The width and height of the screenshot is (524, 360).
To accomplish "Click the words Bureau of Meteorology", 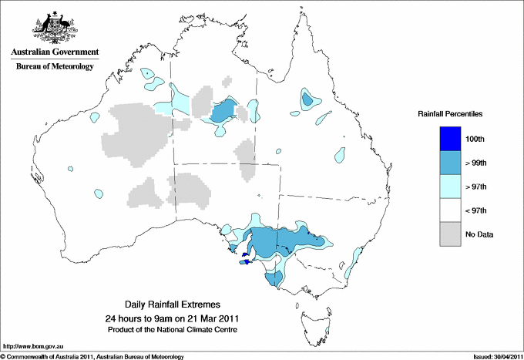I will click(x=53, y=67).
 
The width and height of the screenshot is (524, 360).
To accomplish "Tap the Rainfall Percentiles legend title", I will click(x=450, y=114).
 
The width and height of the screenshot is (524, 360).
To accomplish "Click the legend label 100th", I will click(x=475, y=138).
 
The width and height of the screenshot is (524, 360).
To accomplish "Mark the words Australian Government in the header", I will click(x=53, y=53).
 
